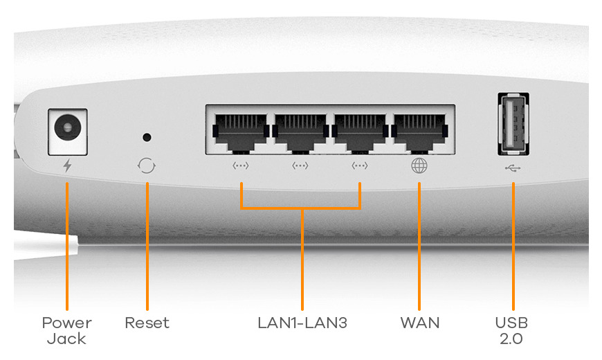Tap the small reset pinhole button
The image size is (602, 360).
pyautogui.click(x=146, y=138)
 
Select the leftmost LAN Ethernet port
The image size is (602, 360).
pyautogui.click(x=240, y=130)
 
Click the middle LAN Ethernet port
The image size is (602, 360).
pyautogui.click(x=300, y=130)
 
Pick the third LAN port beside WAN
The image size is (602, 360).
pyautogui.click(x=359, y=130)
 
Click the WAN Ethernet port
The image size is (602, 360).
pyautogui.click(x=419, y=130)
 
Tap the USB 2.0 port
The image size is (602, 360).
pyautogui.click(x=513, y=125)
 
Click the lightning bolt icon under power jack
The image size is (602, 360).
pyautogui.click(x=67, y=166)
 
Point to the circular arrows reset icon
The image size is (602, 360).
pyautogui.click(x=146, y=166)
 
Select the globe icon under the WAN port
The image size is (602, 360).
pyautogui.click(x=419, y=166)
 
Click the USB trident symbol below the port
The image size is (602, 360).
pyautogui.click(x=513, y=167)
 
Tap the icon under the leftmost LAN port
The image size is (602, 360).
pyautogui.click(x=240, y=166)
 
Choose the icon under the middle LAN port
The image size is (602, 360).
pyautogui.click(x=300, y=166)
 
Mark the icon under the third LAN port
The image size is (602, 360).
pyautogui.click(x=359, y=166)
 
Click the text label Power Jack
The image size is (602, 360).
pyautogui.click(x=67, y=331)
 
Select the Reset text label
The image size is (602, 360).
pyautogui.click(x=147, y=323)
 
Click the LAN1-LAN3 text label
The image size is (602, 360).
pyautogui.click(x=302, y=323)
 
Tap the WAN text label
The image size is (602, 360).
pyautogui.click(x=419, y=323)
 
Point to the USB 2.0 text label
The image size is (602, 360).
pyautogui.click(x=513, y=331)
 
